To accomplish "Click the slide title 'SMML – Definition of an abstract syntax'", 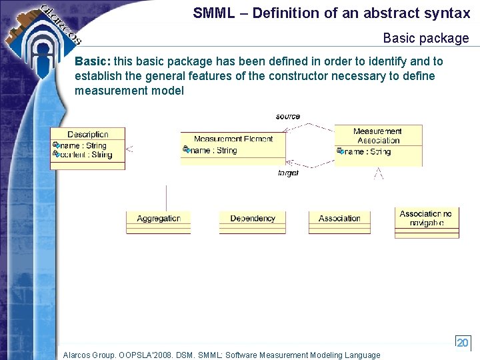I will [331, 13].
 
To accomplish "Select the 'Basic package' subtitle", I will [426, 38].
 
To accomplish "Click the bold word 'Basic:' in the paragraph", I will [93, 61].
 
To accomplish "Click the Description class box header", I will [87, 134].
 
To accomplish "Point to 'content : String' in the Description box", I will [86, 155].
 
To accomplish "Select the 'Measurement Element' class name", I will [233, 139].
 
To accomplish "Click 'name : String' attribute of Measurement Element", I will [213, 151].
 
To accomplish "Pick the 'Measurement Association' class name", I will [377, 136].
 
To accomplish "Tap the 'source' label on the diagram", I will [287, 117].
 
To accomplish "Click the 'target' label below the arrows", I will [287, 173].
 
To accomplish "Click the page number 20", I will [462, 342].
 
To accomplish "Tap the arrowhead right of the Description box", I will [129, 149].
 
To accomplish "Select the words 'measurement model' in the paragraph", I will [129, 91].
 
